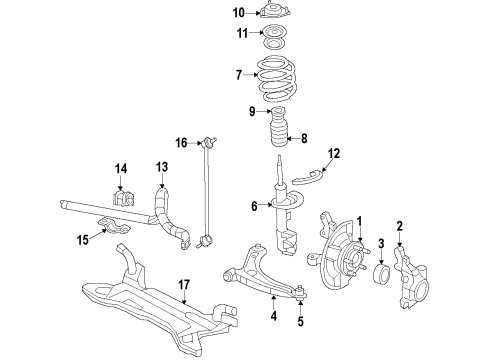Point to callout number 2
400,225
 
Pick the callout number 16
181,144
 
